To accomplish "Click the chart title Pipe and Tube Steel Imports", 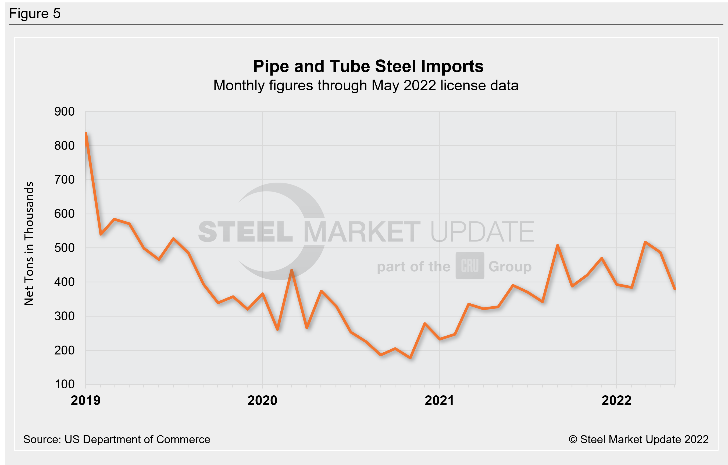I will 368,66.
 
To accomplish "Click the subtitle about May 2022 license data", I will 366,86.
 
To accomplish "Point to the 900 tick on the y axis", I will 65,112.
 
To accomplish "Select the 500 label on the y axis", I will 65,248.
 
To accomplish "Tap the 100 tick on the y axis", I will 65,384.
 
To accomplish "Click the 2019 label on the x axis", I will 85,400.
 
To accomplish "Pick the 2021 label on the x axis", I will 439,400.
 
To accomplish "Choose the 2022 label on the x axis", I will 616,400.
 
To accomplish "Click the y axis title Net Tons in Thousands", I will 29,244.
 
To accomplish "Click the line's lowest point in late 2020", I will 410,358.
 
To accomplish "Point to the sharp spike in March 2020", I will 291,269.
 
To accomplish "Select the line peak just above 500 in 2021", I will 558,245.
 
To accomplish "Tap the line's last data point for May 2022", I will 675,289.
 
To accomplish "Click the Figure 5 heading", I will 35,14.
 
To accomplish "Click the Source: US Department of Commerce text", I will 116,439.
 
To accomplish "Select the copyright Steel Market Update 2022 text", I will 638,439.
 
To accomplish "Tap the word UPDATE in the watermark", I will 482,232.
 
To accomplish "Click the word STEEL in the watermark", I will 245,232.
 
